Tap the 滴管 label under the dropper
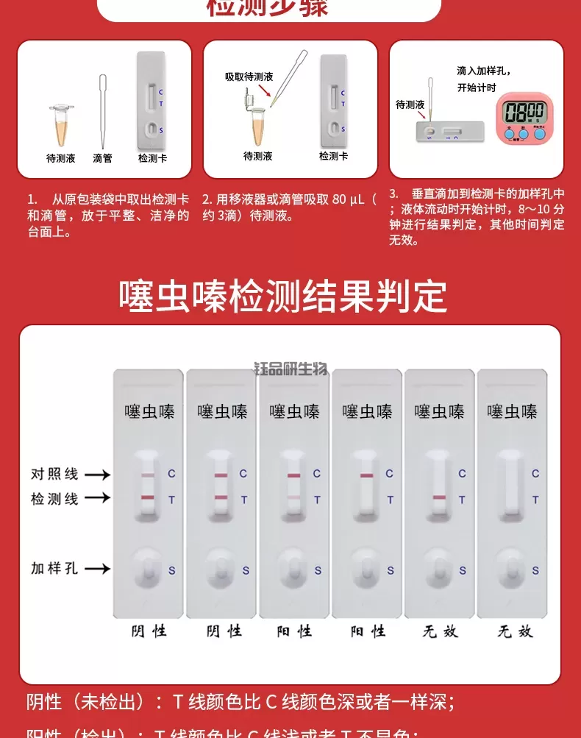pos(103,158)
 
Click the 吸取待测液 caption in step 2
pos(249,77)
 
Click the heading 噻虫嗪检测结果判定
pos(283,297)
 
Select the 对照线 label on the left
pos(54,474)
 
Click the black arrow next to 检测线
pos(97,498)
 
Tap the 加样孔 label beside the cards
pos(54,568)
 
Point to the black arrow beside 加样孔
pos(97,568)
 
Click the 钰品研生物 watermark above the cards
pos(290,369)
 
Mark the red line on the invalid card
pos(440,499)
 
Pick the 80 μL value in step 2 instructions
pos(349,199)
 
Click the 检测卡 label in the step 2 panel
pos(333,156)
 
